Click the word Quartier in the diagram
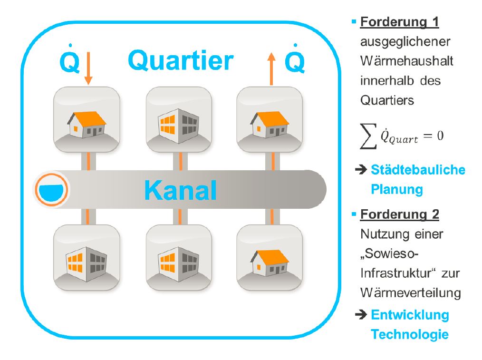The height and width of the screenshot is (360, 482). click(181, 60)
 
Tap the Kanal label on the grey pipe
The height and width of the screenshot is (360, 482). click(180, 190)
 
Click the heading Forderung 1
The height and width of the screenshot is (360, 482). click(399, 22)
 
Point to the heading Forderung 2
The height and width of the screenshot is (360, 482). click(399, 214)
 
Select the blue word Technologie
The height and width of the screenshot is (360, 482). click(410, 334)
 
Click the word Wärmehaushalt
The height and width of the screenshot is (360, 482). click(406, 61)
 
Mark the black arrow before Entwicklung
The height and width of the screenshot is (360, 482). click(362, 314)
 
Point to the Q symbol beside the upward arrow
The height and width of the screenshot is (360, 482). click(295, 61)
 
